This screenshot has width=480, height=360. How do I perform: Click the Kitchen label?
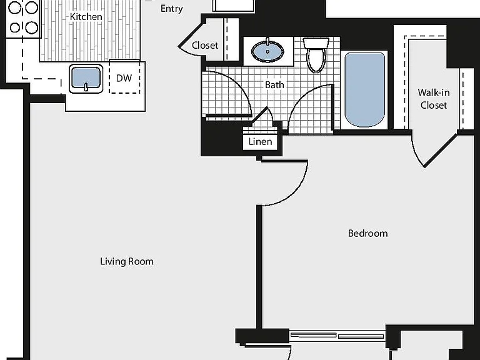(x=86, y=16)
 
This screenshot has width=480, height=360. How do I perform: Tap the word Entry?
(x=171, y=9)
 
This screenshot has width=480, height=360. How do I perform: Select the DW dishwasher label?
(x=124, y=78)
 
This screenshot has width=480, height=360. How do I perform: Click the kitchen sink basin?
(x=86, y=78)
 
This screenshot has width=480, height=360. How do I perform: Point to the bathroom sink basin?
(x=267, y=51)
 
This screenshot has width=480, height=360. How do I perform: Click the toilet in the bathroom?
(x=316, y=55)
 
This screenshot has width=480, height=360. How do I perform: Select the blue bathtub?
(x=364, y=89)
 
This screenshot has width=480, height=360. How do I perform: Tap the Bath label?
(x=274, y=85)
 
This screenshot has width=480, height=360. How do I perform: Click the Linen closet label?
(x=260, y=142)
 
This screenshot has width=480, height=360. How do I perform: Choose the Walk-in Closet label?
(x=434, y=99)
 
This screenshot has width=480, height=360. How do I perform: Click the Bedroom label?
(x=367, y=234)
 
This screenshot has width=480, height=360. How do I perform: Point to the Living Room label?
(x=127, y=261)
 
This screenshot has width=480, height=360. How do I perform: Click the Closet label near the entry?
(x=205, y=45)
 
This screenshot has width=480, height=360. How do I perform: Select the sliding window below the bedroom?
(x=337, y=336)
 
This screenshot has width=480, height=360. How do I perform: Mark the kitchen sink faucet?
(x=86, y=87)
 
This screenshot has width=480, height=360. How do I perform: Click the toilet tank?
(x=316, y=43)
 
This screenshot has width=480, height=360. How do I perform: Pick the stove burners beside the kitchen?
(x=23, y=17)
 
